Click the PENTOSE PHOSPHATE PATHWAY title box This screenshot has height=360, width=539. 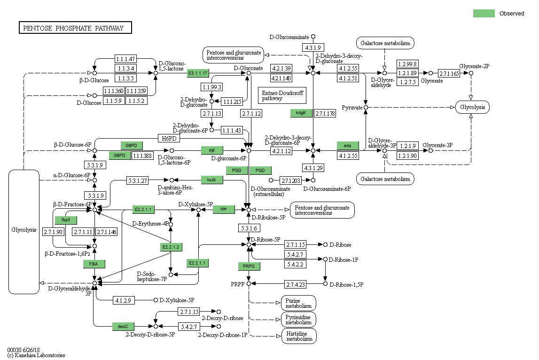pos(75,28)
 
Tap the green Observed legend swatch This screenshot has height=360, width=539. pos(484,13)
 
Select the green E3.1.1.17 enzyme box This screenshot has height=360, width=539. pos(198,73)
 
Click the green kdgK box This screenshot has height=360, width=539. pos(301,113)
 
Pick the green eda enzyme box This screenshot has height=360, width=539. pos(348,145)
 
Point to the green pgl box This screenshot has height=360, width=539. pos(212,150)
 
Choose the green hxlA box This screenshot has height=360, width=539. pos(212,180)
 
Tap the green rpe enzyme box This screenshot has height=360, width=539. pos(224,210)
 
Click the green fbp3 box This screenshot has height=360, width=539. pos(66,220)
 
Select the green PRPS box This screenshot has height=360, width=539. pos(249,266)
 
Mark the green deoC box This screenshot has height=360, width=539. pos(123,326)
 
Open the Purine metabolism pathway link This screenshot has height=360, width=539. pos(298,303)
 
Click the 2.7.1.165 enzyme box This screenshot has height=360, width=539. pos(449,73)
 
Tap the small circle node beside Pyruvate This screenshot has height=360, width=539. pos(366,108)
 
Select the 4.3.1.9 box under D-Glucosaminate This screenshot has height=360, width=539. pos(313,47)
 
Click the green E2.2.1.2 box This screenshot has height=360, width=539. pos(171,247)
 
